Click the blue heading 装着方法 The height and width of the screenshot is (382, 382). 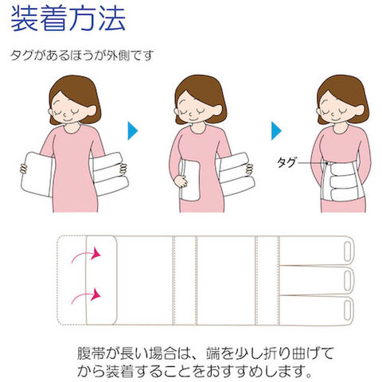coord(68,18)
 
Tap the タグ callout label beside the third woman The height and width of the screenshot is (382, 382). coord(286,162)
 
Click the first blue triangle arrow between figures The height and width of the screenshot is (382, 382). coord(133,131)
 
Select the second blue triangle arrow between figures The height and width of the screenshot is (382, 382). coord(276,131)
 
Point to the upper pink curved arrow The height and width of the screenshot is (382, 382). coord(86,255)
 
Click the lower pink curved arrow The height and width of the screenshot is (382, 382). coord(86,297)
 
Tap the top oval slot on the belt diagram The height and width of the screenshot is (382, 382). coord(347,251)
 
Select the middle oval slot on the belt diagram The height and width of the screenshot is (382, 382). coord(347,280)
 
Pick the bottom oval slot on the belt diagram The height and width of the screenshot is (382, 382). coord(347,310)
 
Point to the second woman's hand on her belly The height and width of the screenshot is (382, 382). coord(181,181)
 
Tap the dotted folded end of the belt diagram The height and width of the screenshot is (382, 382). coord(72,280)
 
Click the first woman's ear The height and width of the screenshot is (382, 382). coord(92,111)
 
